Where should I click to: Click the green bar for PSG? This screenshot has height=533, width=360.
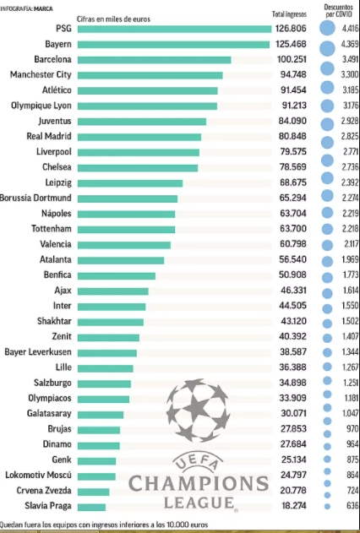pyautogui.click(x=174, y=29)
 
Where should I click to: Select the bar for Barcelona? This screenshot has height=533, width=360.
pyautogui.click(x=155, y=60)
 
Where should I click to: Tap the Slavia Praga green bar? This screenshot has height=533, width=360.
pyautogui.click(x=91, y=507)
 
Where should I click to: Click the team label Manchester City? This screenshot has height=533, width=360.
pyautogui.click(x=41, y=74)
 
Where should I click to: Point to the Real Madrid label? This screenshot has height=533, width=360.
pyautogui.click(x=49, y=136)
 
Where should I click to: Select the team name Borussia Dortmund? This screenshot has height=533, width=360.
pyautogui.click(x=35, y=198)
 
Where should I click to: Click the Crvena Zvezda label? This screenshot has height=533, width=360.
pyautogui.click(x=44, y=491)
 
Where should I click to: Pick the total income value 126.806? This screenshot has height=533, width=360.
pyautogui.click(x=291, y=29)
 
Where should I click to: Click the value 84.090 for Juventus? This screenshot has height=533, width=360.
pyautogui.click(x=293, y=121)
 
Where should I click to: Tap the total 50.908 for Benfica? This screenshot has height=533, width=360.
pyautogui.click(x=292, y=275)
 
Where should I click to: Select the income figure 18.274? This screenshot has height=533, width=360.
pyautogui.click(x=294, y=506)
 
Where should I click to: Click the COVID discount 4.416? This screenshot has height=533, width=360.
pyautogui.click(x=351, y=29)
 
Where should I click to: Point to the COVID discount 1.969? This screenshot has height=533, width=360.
pyautogui.click(x=350, y=259)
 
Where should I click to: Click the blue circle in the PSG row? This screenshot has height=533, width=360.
pyautogui.click(x=327, y=28)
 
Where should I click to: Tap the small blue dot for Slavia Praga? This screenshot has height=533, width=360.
pyautogui.click(x=327, y=507)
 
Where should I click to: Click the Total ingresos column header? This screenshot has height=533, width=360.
pyautogui.click(x=289, y=14)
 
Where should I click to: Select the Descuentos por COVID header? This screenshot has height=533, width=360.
pyautogui.click(x=338, y=10)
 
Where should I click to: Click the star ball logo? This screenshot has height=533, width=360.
pyautogui.click(x=199, y=411)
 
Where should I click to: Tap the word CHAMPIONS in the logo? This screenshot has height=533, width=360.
pyautogui.click(x=199, y=483)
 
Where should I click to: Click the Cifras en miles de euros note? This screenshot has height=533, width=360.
pyautogui.click(x=113, y=19)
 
